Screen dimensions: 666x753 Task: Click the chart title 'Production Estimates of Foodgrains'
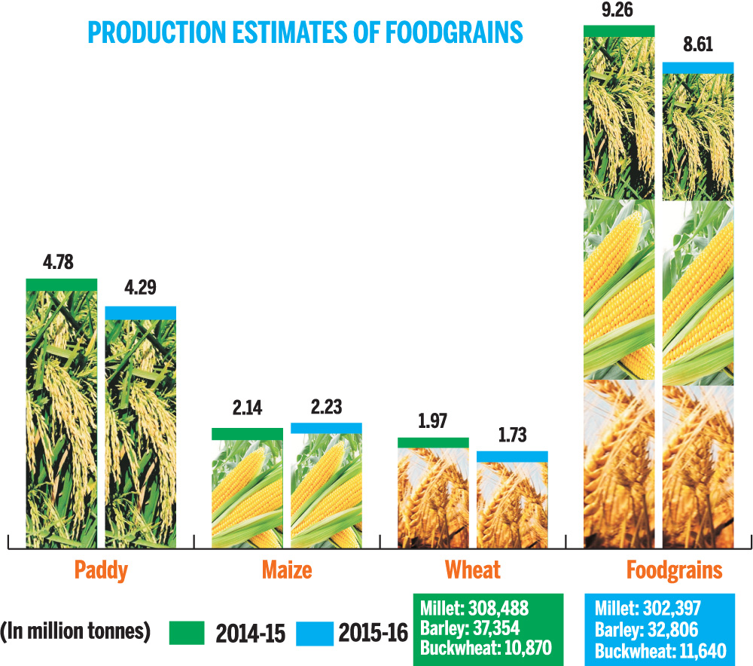(x=305, y=33)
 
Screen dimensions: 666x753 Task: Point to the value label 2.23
(x=326, y=407)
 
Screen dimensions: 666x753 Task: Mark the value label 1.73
(x=512, y=435)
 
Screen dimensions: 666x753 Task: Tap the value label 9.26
(x=619, y=10)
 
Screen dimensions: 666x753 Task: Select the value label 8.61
(x=697, y=47)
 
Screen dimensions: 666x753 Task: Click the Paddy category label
(x=100, y=570)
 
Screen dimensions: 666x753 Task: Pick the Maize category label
(x=286, y=570)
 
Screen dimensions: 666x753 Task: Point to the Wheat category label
(x=472, y=570)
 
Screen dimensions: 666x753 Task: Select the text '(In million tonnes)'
(x=72, y=631)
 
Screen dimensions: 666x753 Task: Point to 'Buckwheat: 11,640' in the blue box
(x=658, y=648)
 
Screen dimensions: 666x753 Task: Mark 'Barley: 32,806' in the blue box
(x=645, y=628)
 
